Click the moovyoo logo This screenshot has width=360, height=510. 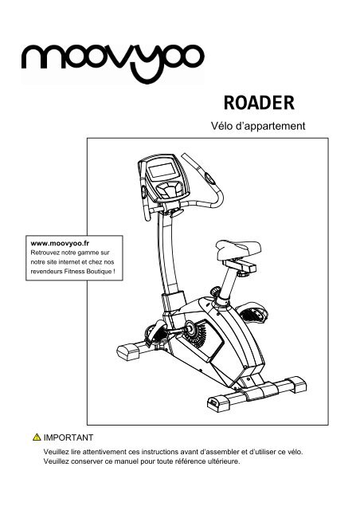[112, 62]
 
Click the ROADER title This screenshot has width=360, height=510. [259, 103]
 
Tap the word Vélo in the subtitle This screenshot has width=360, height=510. [221, 126]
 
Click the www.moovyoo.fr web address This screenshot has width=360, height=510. [60, 243]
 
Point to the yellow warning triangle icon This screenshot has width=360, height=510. [37, 437]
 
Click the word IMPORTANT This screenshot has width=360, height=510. [68, 437]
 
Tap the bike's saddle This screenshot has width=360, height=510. [238, 249]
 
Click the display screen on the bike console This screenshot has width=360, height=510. [162, 171]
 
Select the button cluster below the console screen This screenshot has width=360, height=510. [169, 190]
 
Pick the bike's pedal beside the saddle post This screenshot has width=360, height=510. [252, 313]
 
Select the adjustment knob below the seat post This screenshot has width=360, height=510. [215, 291]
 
